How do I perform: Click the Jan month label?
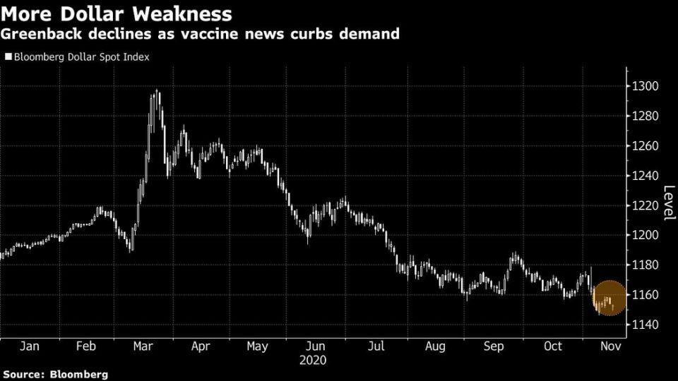point(29,346)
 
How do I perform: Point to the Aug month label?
point(436,346)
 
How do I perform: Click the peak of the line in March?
point(155,91)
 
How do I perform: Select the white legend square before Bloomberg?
point(7,57)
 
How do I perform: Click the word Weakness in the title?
point(182,13)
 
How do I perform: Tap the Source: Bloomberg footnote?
point(55,375)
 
